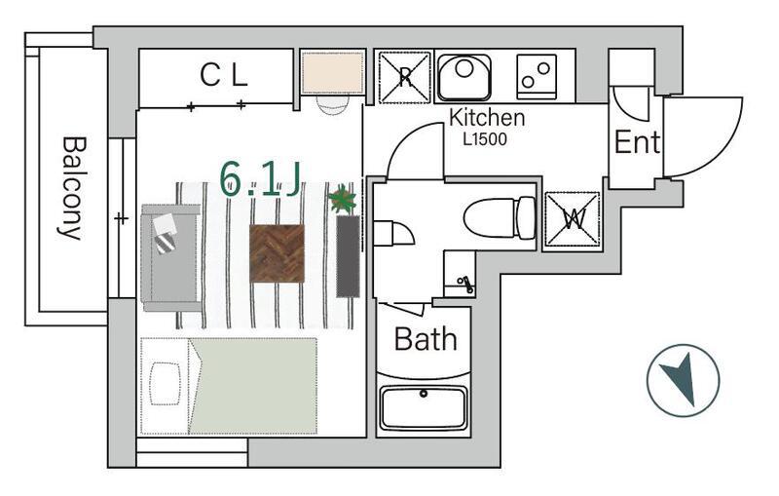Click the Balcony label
click(x=72, y=188)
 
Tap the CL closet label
click(x=224, y=76)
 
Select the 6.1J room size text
click(x=260, y=179)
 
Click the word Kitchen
click(x=486, y=118)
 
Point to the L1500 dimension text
click(x=485, y=139)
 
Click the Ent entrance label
click(x=637, y=142)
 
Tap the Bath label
click(x=426, y=339)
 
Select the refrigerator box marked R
click(x=404, y=77)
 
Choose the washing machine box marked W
click(x=573, y=219)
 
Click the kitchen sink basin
click(x=464, y=76)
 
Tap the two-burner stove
click(x=537, y=77)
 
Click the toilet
click(x=500, y=217)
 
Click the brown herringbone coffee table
click(x=277, y=253)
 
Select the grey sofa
click(x=171, y=258)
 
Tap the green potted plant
click(x=343, y=200)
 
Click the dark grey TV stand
click(x=348, y=256)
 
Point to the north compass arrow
click(x=681, y=379)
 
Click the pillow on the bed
click(x=165, y=384)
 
